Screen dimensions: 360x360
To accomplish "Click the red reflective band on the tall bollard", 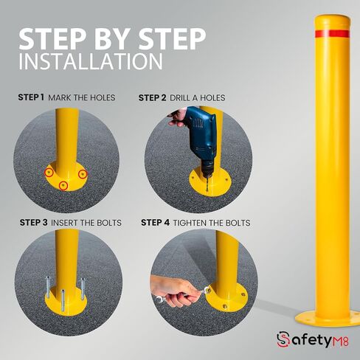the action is click(x=332, y=34).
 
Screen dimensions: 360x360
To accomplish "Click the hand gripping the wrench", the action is click(x=172, y=291).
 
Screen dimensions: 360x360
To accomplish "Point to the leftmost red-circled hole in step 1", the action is click(x=49, y=173).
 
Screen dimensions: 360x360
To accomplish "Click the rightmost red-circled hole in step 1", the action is click(x=83, y=174).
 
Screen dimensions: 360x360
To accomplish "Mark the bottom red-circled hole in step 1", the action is click(x=63, y=185).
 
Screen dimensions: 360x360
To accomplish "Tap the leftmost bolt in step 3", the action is click(x=48, y=287).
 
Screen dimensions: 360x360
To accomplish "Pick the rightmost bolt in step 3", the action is click(x=83, y=285).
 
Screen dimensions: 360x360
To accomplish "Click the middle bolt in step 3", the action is click(x=63, y=300).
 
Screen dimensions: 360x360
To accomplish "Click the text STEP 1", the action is click(x=31, y=97).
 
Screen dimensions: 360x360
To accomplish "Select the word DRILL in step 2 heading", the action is click(x=180, y=98).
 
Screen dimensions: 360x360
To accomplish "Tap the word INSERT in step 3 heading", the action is click(x=64, y=223).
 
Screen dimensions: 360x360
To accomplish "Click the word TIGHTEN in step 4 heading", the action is click(x=190, y=223).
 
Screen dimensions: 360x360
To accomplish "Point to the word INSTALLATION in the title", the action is click(x=91, y=61).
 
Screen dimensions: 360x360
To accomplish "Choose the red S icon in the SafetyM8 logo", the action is click(x=283, y=339).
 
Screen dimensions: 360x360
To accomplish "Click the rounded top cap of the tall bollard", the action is click(x=332, y=21).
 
